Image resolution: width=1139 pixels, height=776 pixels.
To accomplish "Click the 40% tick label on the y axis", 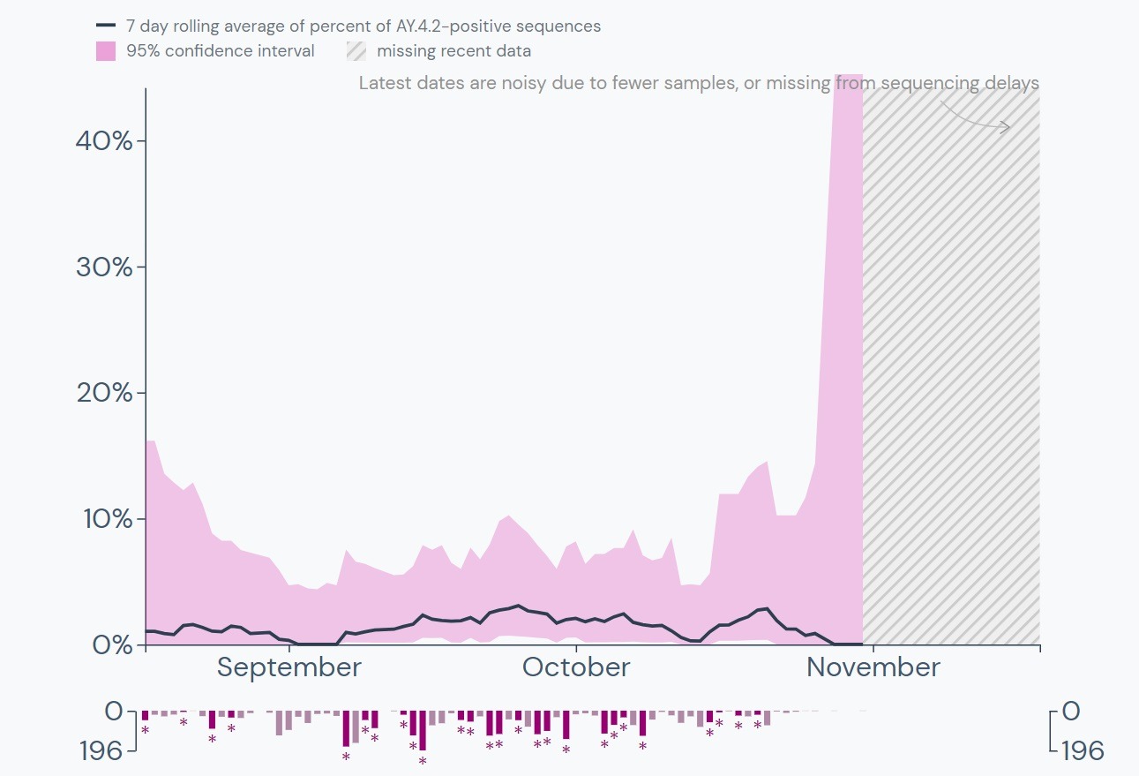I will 103,141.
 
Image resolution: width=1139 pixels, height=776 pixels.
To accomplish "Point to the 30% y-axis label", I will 103,267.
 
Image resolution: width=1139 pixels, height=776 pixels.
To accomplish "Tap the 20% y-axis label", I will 103,393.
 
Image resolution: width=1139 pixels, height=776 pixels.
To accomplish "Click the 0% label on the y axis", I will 111,644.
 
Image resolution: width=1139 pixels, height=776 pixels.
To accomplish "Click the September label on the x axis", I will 289,667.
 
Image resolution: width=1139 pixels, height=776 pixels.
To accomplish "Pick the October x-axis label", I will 576,667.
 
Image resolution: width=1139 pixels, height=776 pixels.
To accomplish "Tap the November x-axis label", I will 873,667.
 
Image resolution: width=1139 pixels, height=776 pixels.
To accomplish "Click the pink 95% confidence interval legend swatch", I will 106,51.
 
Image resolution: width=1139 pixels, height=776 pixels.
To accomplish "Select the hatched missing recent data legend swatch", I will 356,51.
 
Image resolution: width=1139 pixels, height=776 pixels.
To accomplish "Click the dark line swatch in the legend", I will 106,26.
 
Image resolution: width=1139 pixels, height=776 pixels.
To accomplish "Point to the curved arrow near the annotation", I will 975,117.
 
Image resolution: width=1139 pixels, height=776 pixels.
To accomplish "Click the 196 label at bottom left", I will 101,751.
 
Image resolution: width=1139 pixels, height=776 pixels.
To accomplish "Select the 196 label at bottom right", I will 1082,751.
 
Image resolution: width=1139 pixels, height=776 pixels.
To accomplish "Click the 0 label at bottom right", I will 1071,712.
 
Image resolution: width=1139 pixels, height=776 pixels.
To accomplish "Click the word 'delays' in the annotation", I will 1012,84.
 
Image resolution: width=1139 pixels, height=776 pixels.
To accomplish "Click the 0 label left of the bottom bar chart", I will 115,712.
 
